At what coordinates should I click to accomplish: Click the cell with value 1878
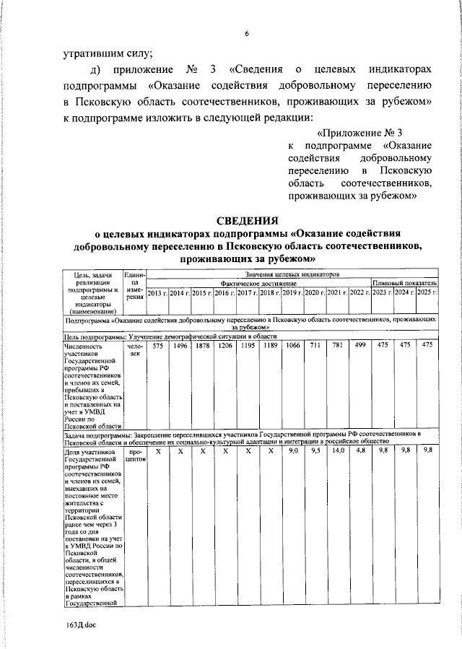click(x=202, y=346)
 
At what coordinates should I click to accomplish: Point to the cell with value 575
click(x=157, y=346)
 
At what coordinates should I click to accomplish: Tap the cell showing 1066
click(x=292, y=346)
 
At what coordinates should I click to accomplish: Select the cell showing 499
click(x=359, y=346)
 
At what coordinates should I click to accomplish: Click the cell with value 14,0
click(x=337, y=450)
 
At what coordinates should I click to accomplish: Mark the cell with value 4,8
click(x=359, y=450)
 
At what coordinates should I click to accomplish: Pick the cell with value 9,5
click(x=315, y=450)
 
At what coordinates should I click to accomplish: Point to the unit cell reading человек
click(x=135, y=350)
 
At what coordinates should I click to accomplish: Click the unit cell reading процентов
click(x=135, y=454)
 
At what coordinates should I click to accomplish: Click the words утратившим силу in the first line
click(x=108, y=52)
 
